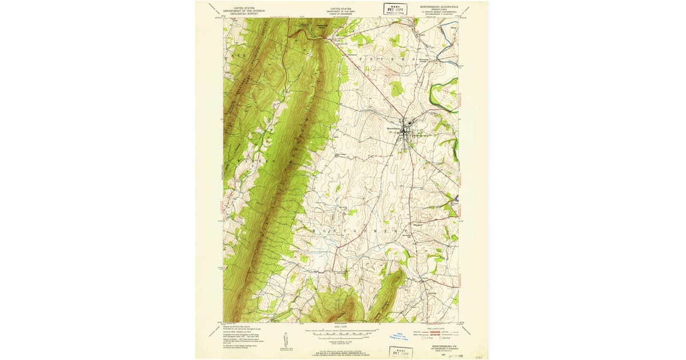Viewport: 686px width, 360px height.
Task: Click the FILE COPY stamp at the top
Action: coord(394,9)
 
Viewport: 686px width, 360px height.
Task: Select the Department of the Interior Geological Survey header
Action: coord(241,11)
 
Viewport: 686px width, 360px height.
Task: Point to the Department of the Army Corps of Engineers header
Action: coord(341,11)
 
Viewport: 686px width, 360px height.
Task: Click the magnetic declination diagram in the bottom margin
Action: coord(284,338)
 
